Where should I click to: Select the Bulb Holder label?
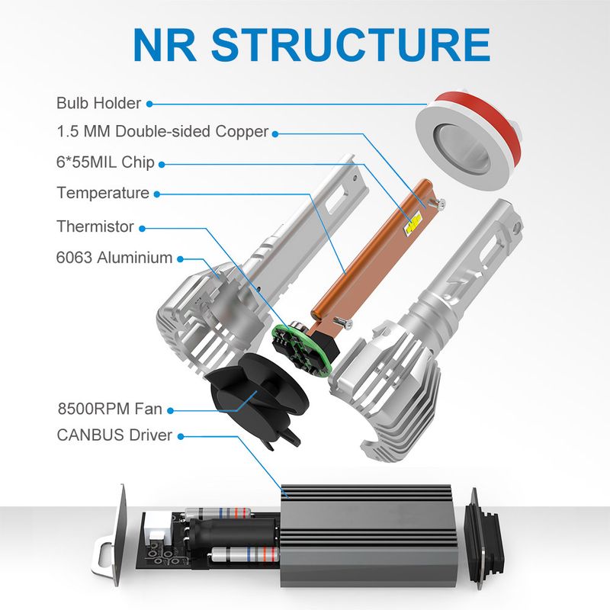tap(98, 103)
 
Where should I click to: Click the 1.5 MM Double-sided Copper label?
tap(162, 131)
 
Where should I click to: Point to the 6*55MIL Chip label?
tap(105, 162)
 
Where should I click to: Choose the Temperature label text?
tap(103, 193)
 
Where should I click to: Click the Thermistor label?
tap(95, 226)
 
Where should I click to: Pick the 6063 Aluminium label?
tap(114, 258)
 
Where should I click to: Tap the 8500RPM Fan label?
tap(109, 409)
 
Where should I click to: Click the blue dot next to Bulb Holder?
tap(149, 104)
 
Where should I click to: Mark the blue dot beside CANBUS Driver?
tap(181, 436)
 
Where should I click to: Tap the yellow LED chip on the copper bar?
tap(414, 222)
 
